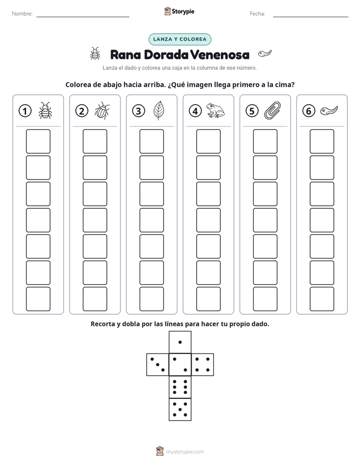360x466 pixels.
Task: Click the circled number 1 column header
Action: tap(25, 111)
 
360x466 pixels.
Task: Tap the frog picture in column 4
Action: tap(215, 110)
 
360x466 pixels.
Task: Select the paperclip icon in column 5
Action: tap(272, 110)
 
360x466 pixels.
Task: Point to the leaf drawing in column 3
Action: tap(159, 110)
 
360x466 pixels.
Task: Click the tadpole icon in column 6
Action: tap(329, 111)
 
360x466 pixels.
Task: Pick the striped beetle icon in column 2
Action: tap(102, 111)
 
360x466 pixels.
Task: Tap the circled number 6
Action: tap(309, 111)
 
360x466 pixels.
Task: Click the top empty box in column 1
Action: tap(38, 141)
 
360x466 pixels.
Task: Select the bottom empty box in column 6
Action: tap(322, 299)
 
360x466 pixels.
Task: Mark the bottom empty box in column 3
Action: tap(152, 299)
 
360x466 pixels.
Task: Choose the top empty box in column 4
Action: tap(209, 141)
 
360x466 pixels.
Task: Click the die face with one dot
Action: tap(180, 342)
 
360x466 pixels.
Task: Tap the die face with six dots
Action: tap(180, 387)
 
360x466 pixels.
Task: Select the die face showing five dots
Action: tap(180, 410)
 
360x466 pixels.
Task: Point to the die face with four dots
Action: tap(203, 365)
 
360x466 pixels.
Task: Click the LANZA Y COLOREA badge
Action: tap(179, 39)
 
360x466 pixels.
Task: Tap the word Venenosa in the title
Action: tap(220, 54)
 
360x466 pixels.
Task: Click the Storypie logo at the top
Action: tap(179, 12)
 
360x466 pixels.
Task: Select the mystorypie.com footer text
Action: tap(185, 452)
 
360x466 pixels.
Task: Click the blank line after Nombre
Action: tap(83, 17)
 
